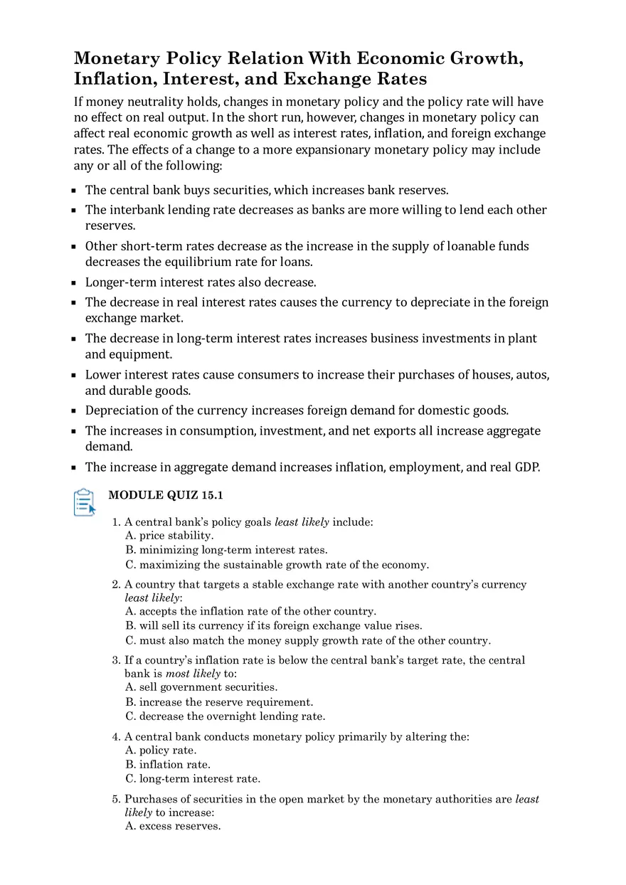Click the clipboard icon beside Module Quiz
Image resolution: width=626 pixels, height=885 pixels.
(x=84, y=502)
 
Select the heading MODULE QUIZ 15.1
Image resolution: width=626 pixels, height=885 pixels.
(x=165, y=495)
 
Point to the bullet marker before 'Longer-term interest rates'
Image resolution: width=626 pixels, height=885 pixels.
(x=74, y=282)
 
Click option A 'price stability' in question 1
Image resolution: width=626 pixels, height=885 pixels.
(x=169, y=536)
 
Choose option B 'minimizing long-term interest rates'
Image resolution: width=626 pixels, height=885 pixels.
(x=226, y=550)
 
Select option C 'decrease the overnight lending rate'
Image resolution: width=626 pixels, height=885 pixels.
(x=225, y=716)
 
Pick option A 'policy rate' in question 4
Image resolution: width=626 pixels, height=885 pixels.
(x=161, y=751)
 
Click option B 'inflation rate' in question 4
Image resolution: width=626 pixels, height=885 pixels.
(x=168, y=765)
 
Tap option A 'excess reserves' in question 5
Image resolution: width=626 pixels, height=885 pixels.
(x=173, y=826)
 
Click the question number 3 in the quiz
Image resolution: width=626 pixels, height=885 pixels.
(x=116, y=660)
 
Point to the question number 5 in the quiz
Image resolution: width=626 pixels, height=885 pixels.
(x=116, y=799)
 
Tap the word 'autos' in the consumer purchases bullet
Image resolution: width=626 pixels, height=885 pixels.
(x=531, y=375)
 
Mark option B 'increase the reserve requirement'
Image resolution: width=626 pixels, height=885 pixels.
(x=219, y=702)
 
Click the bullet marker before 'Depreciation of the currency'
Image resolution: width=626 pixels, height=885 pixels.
(x=74, y=411)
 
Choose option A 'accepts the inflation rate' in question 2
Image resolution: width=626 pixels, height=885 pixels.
(x=250, y=611)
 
